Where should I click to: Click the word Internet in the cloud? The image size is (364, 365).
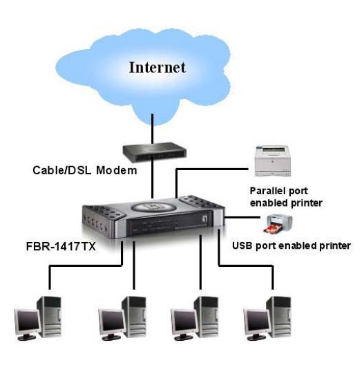(157, 67)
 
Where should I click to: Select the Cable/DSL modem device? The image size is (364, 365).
(155, 153)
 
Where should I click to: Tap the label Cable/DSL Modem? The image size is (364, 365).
(85, 170)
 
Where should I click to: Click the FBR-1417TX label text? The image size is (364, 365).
(61, 246)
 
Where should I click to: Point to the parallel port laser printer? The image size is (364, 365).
(273, 161)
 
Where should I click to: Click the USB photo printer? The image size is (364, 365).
(279, 224)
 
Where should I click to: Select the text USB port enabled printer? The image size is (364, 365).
(291, 246)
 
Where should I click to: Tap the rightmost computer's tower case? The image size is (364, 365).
(280, 316)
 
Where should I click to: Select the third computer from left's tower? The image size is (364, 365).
(207, 316)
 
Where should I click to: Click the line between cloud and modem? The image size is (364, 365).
(153, 129)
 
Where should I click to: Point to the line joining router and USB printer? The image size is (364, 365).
(242, 218)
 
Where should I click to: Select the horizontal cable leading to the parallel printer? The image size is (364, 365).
(212, 169)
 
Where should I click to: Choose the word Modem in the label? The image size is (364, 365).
(117, 170)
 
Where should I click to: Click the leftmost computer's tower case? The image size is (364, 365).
(49, 316)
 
